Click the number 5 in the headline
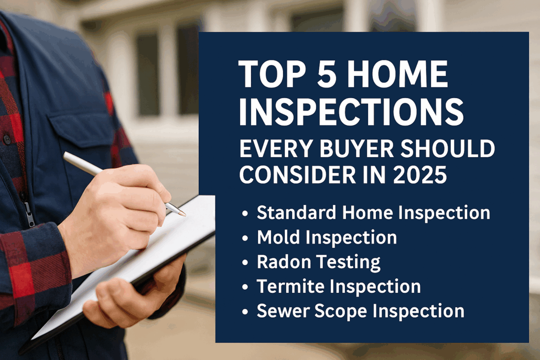click(326, 74)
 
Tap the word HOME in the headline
click(397, 74)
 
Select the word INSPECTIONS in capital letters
click(351, 112)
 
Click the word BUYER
click(357, 149)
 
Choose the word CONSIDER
click(298, 174)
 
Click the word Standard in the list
click(296, 212)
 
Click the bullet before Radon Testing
click(245, 263)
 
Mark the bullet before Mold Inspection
click(245, 238)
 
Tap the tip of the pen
click(185, 215)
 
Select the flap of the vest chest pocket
click(81, 127)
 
